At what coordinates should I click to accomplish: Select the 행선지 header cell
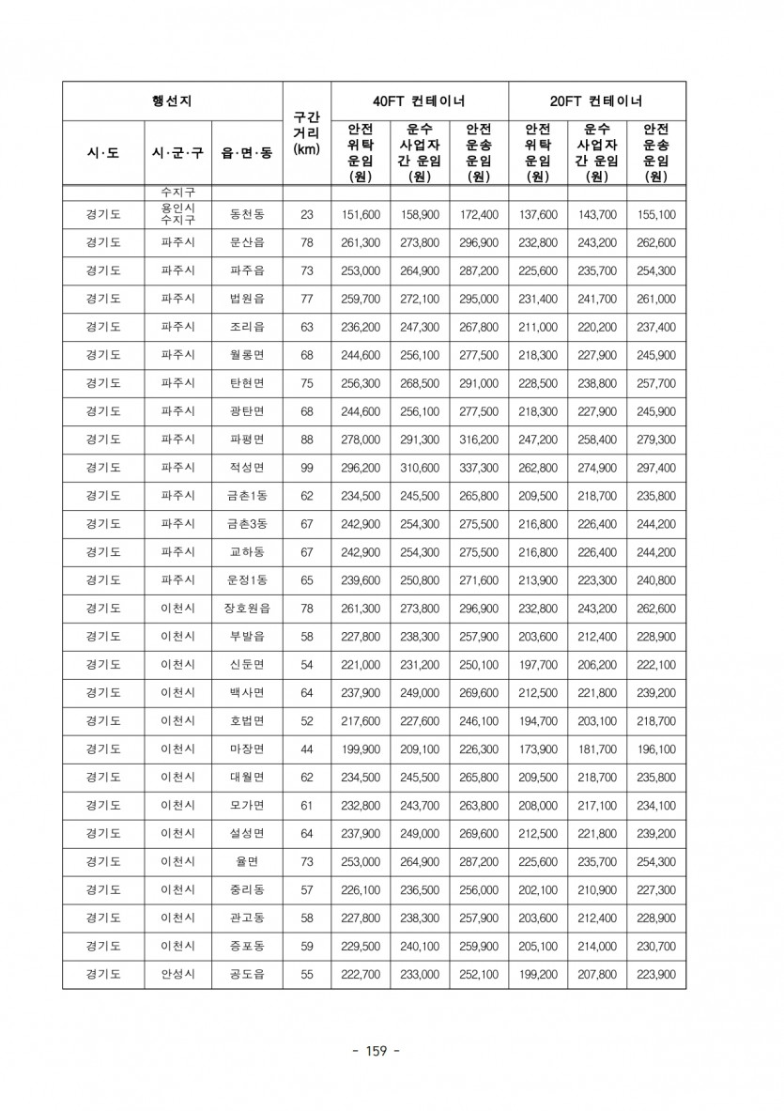pyautogui.click(x=172, y=101)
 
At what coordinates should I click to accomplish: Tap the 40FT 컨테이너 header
pyautogui.click(x=419, y=101)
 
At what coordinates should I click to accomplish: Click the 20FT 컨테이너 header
pyautogui.click(x=597, y=101)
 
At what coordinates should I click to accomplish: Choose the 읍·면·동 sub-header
pyautogui.click(x=247, y=152)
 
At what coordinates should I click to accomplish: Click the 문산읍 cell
pyautogui.click(x=247, y=242)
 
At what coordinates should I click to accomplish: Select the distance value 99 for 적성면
pyautogui.click(x=306, y=468)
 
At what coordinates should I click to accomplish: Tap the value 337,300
pyautogui.click(x=479, y=468)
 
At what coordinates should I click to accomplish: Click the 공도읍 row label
pyautogui.click(x=247, y=975)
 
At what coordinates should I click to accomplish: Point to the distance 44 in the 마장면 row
pyautogui.click(x=306, y=749)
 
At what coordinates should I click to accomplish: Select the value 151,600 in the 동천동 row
pyautogui.click(x=361, y=215)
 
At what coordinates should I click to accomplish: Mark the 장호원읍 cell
pyautogui.click(x=247, y=609)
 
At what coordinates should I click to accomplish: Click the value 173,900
pyautogui.click(x=538, y=749)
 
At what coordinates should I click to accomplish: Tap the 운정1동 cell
pyautogui.click(x=247, y=580)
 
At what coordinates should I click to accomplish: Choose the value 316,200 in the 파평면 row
pyautogui.click(x=479, y=440)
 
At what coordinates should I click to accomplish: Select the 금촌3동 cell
pyautogui.click(x=247, y=524)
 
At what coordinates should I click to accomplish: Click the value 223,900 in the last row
pyautogui.click(x=656, y=975)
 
